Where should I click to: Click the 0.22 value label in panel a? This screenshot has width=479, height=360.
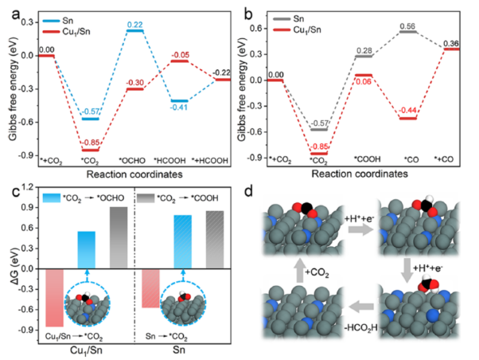135,24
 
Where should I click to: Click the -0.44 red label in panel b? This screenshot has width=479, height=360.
408,109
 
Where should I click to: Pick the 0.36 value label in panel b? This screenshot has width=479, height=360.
451,42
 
